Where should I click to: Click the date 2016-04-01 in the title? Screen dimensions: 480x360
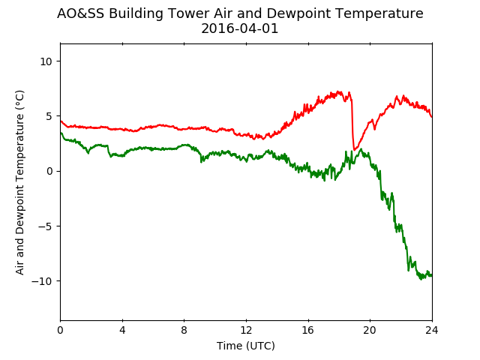(240, 28)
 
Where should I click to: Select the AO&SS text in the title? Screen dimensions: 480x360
(80, 13)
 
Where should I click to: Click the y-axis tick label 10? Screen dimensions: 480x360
(46, 61)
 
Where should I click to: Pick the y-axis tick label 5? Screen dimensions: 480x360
(49, 116)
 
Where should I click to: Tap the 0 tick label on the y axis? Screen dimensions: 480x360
(49, 171)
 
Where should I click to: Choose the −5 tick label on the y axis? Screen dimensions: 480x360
(45, 226)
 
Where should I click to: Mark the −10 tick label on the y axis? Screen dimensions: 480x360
(42, 281)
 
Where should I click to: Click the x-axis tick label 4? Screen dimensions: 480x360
(122, 330)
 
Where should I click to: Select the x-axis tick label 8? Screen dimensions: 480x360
(184, 330)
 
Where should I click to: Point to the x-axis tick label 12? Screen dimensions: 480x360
(246, 330)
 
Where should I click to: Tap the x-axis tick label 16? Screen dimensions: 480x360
(308, 330)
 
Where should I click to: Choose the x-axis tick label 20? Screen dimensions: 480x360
(370, 330)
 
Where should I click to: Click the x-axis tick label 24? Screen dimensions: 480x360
(432, 330)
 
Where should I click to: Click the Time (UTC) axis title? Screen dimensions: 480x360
(246, 346)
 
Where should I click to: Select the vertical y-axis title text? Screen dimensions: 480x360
(19, 182)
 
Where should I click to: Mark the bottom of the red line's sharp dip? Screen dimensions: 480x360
(355, 150)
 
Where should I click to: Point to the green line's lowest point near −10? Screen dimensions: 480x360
(421, 279)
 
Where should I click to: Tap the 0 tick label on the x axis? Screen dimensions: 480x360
(60, 330)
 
